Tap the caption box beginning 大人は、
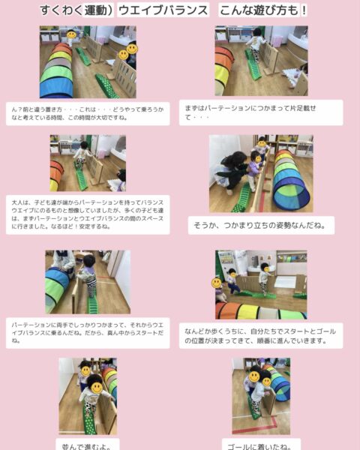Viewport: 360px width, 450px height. click(88, 214)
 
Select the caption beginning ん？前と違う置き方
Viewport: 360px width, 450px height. click(88, 113)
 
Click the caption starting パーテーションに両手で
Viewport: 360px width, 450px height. click(88, 331)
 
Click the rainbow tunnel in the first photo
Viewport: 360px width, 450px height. click(56, 71)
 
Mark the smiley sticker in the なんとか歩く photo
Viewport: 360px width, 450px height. click(217, 283)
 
